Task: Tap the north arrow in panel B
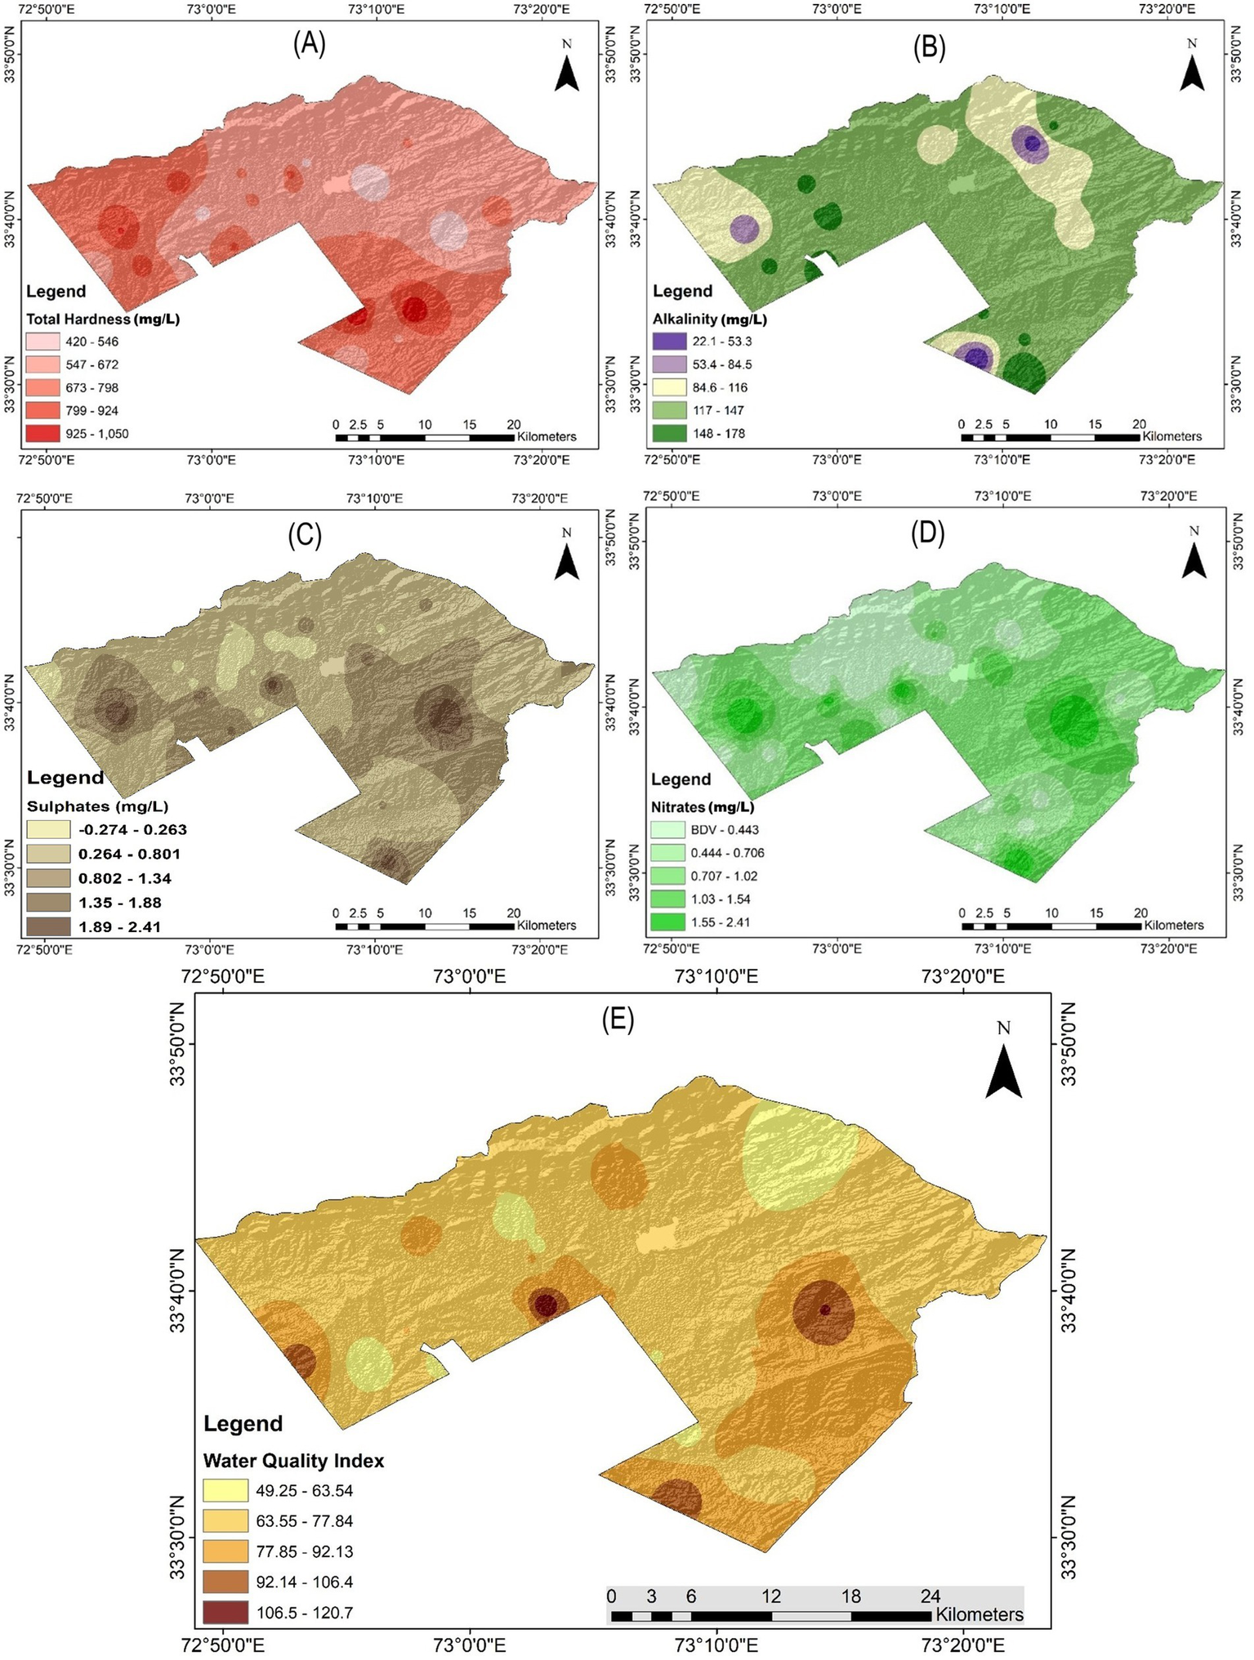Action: pos(1193,72)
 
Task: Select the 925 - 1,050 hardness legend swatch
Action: pos(42,434)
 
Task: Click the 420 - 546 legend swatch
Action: pos(42,341)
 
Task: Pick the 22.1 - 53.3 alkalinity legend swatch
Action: pos(669,341)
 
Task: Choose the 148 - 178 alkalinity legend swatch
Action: pos(669,434)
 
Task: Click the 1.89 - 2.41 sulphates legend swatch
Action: pos(47,926)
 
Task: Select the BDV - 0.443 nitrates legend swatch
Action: pos(667,830)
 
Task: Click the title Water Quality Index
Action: pos(293,1461)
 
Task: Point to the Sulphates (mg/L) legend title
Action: pos(97,806)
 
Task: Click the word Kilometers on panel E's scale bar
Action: pos(979,1615)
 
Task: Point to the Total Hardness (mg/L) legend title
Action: pos(103,319)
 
